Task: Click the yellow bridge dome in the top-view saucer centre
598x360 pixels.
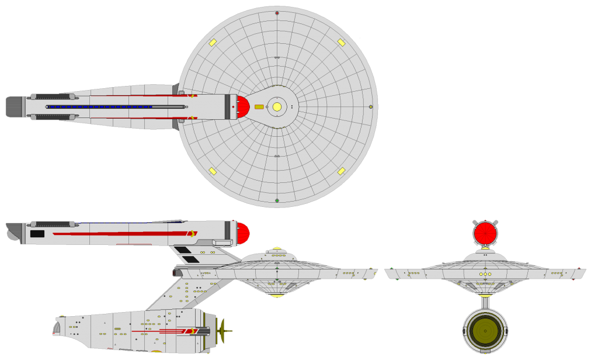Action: (277, 107)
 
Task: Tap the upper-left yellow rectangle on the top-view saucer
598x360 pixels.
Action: (213, 43)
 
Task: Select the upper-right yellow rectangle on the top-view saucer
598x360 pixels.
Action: (341, 43)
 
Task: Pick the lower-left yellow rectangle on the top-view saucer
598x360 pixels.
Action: (213, 171)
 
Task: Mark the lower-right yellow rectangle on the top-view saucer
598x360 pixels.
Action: (341, 171)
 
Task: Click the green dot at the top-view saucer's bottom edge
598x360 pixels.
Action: (277, 200)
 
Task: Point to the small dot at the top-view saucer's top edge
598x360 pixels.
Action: (277, 13)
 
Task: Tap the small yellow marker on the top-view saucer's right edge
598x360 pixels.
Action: (370, 107)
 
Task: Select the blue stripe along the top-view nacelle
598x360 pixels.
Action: (99, 107)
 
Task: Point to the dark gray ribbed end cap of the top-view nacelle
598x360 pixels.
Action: (14, 107)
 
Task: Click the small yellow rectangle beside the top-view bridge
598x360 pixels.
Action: (259, 107)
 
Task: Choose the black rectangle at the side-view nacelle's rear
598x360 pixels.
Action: (37, 234)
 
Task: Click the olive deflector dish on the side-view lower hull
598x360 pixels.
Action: (222, 331)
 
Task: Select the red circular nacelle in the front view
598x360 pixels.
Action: (485, 233)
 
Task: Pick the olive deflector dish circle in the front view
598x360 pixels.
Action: (485, 331)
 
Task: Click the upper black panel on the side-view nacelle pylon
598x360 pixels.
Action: (182, 250)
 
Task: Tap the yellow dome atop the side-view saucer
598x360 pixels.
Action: (277, 248)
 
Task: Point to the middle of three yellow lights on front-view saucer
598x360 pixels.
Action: (485, 274)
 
